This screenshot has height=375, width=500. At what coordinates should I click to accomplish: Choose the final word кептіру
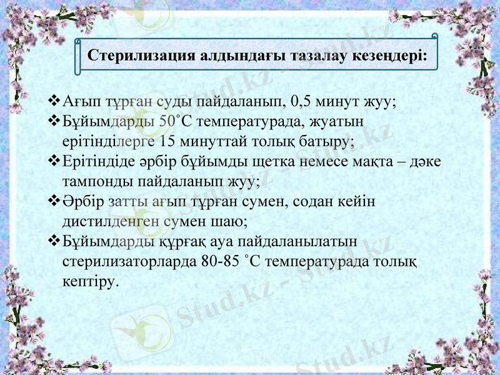coord(90,281)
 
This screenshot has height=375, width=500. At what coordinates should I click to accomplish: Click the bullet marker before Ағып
coord(54,101)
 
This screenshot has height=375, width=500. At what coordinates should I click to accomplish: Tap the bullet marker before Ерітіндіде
coord(54,162)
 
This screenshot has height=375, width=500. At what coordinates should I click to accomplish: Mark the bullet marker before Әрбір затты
coord(54,201)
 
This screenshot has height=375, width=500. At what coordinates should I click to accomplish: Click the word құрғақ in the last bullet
coord(179,241)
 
